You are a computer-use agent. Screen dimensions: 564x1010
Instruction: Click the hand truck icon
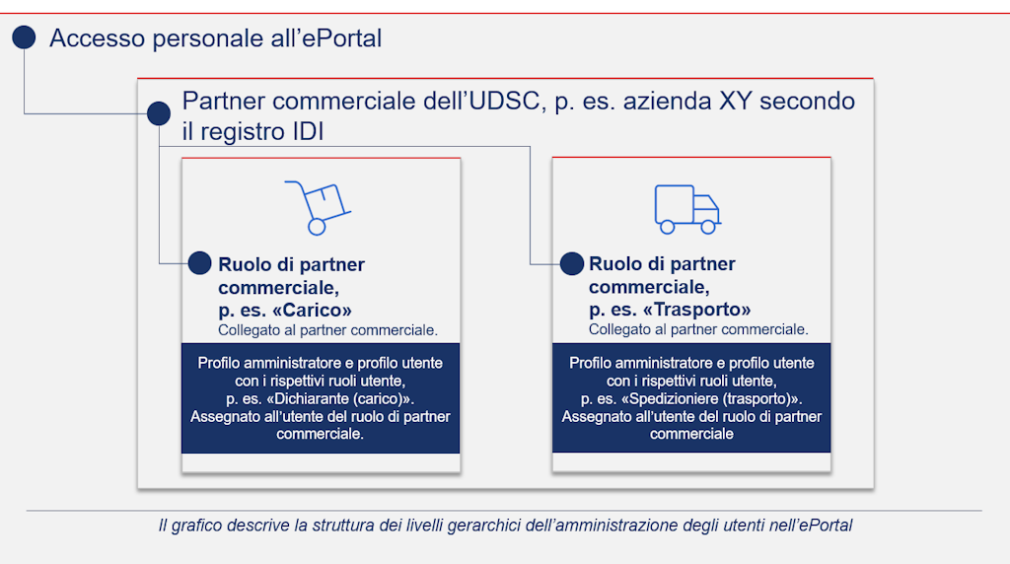(318, 207)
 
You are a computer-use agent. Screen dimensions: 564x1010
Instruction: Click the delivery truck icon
(687, 208)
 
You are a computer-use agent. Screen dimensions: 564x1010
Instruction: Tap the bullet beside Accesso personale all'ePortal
(24, 38)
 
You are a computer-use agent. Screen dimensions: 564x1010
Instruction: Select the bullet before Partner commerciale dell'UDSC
(158, 113)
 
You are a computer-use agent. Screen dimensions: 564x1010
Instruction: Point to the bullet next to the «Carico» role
(199, 263)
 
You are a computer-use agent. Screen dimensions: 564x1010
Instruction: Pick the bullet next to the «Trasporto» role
(571, 263)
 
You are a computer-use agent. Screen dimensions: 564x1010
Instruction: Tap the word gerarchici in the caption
(477, 526)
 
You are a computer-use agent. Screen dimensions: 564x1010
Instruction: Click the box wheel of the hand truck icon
(317, 227)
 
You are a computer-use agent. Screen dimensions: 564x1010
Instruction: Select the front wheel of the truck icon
(707, 227)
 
